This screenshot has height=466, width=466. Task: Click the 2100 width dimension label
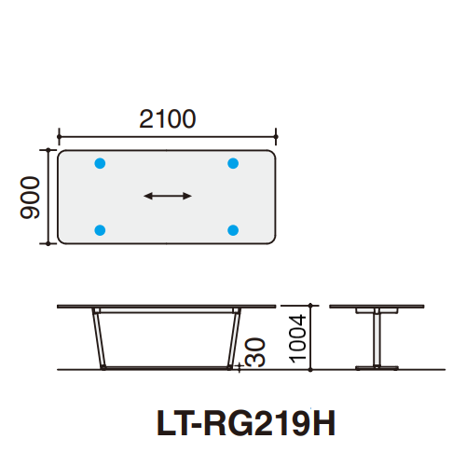click(x=168, y=119)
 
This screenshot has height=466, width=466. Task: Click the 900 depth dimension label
click(x=30, y=197)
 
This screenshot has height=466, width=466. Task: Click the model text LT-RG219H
click(x=244, y=425)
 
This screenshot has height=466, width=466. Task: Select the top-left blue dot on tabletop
click(x=101, y=164)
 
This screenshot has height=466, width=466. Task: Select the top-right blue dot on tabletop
click(x=233, y=164)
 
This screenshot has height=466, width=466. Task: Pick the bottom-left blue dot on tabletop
click(x=101, y=229)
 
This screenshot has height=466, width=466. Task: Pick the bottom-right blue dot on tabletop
click(x=233, y=229)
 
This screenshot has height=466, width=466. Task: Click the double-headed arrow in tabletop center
click(x=168, y=196)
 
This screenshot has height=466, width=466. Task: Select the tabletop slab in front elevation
click(x=168, y=307)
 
